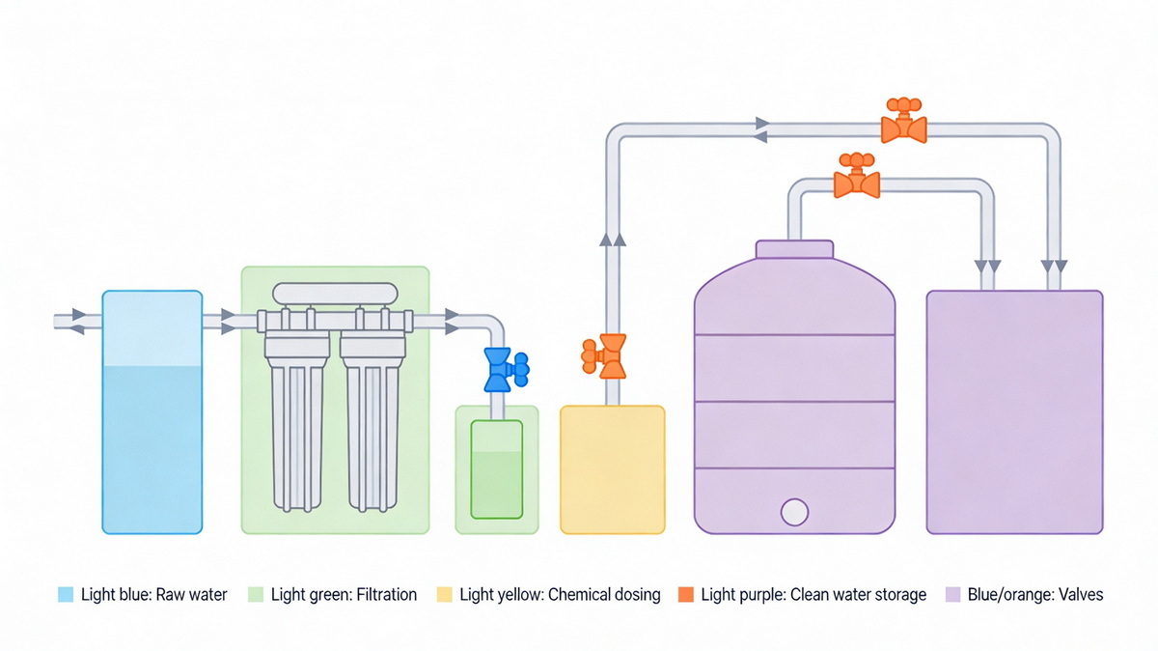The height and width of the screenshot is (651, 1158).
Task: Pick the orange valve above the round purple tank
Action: coord(856,180)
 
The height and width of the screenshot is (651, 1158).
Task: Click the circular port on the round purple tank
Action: coord(794,511)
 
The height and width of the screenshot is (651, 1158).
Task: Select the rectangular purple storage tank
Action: coord(1014,411)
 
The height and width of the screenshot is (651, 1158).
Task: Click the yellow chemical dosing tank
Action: coord(613,469)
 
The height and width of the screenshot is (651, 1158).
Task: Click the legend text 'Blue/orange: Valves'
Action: coord(1035,594)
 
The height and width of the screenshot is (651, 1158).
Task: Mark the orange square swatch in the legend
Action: coord(686,594)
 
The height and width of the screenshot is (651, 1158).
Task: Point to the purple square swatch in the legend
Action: coord(953,594)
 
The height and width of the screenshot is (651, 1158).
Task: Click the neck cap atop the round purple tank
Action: coord(794,250)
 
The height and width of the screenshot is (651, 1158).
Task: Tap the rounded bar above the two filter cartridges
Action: coord(335,293)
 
